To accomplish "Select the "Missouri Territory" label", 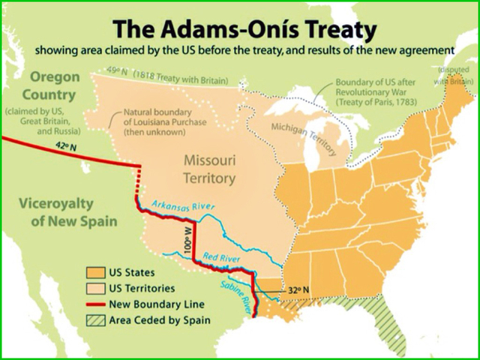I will coord(210,169).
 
